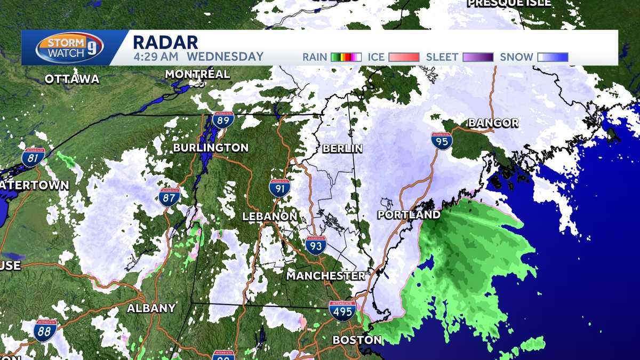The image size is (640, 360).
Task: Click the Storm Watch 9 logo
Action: click(69, 47)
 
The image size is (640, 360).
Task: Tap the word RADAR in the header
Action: click(165, 42)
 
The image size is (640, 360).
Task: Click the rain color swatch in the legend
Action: click(346, 57)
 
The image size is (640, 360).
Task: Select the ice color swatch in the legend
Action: click(404, 57)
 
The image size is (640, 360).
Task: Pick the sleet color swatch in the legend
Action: click(478, 57)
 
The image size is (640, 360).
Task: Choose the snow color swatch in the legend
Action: click(553, 57)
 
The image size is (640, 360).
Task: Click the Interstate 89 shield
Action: click(223, 119)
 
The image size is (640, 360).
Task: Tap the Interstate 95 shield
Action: click(442, 141)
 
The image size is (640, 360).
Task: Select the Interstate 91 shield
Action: click(279, 188)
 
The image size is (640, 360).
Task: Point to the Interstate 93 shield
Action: click(316, 245)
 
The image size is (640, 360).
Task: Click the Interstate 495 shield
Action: click(342, 310)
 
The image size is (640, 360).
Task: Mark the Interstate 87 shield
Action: click(169, 197)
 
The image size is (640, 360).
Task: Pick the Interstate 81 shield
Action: click(33, 157)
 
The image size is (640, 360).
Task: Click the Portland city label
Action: click(409, 215)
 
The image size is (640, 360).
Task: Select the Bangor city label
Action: click(493, 123)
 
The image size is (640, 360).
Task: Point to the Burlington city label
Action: click(211, 148)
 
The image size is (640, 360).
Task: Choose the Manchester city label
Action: click(326, 276)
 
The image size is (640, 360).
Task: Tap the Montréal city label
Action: click(197, 74)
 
